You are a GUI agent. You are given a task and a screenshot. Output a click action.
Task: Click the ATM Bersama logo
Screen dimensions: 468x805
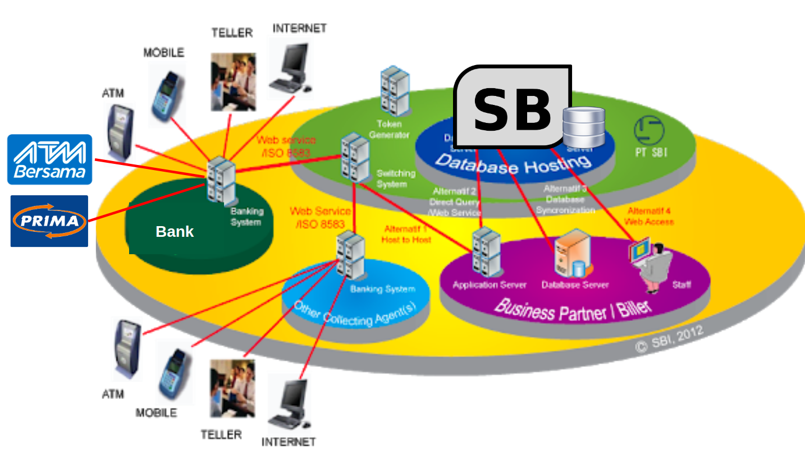tap(49, 159)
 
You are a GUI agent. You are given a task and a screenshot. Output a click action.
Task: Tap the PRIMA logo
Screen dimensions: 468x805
tap(49, 221)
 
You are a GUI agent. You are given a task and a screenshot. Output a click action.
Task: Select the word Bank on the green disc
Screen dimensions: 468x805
tap(175, 232)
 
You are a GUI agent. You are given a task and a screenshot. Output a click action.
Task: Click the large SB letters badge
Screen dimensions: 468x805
tap(512, 108)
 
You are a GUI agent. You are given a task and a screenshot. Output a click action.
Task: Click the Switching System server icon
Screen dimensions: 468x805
tap(355, 157)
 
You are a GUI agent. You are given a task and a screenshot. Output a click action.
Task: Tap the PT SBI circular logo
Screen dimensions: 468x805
tap(649, 130)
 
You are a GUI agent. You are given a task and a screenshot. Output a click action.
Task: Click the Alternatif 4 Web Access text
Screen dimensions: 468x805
tap(649, 216)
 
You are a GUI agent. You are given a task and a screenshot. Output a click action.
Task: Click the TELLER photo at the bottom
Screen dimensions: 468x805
tap(232, 388)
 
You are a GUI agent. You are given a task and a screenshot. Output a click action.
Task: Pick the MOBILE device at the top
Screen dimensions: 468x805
tap(167, 93)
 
